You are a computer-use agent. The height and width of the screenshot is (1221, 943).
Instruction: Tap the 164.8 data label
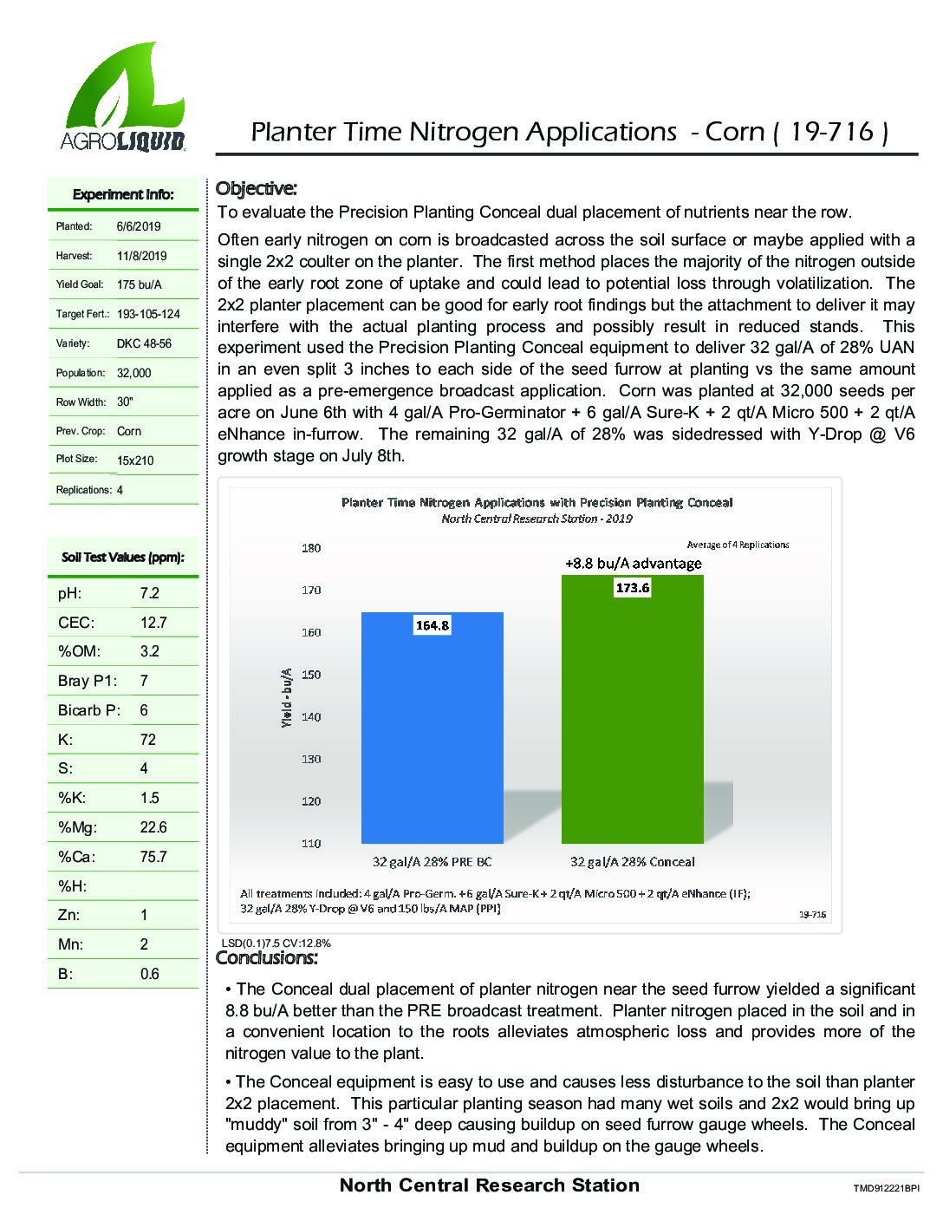(x=432, y=625)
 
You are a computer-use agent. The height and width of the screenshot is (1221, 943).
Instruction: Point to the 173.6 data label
(x=632, y=588)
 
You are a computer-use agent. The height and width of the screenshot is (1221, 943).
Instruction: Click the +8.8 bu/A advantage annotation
(x=633, y=564)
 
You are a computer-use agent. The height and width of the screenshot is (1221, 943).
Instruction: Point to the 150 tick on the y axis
(x=310, y=675)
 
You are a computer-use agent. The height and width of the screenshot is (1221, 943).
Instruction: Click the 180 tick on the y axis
(x=310, y=548)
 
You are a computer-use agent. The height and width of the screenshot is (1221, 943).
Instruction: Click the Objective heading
(x=256, y=188)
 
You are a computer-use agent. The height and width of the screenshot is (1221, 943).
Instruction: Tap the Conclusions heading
(x=267, y=958)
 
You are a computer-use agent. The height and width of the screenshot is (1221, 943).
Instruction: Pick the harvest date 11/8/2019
(x=142, y=256)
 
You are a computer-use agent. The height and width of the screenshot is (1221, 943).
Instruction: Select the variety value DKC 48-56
(x=144, y=343)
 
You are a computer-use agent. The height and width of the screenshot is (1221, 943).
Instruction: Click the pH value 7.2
(x=150, y=593)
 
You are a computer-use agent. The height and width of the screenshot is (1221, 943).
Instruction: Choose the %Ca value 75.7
(x=153, y=857)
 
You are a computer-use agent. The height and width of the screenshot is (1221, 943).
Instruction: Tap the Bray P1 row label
(x=87, y=681)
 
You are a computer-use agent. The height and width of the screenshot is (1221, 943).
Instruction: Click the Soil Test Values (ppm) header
(x=122, y=558)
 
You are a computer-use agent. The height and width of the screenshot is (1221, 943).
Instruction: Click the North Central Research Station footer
(x=489, y=1185)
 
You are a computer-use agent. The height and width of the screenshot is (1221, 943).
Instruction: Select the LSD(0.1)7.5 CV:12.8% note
(x=276, y=943)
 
